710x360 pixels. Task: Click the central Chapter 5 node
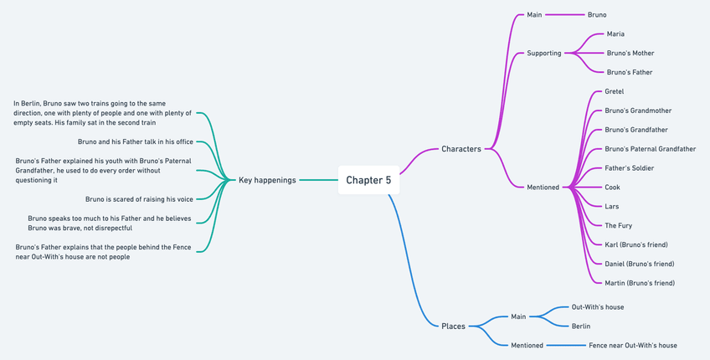[368, 180]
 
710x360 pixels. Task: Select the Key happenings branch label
[267, 180]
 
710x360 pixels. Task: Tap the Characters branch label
[461, 149]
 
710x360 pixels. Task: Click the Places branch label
[453, 327]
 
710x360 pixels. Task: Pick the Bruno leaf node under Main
[597, 15]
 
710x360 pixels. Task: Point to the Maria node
[615, 34]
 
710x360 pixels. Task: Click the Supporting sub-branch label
[544, 54]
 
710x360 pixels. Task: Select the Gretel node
[614, 92]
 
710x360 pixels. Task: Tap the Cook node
[612, 188]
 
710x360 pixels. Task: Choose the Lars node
[612, 207]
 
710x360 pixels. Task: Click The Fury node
[619, 226]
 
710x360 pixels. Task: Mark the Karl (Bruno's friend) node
[636, 245]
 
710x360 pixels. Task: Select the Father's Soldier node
[630, 168]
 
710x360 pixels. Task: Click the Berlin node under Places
[581, 327]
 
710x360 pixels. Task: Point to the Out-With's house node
[598, 307]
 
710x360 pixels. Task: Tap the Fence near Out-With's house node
[633, 346]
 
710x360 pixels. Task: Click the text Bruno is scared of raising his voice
[139, 200]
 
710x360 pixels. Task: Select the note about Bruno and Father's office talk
[136, 142]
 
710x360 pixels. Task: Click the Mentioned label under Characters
[543, 188]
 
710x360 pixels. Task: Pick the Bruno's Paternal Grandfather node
[651, 149]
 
